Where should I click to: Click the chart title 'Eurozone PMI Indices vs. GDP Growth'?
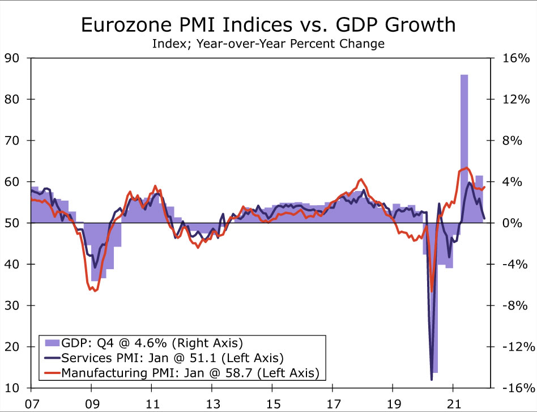click(268, 25)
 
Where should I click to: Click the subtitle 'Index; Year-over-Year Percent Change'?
click(268, 44)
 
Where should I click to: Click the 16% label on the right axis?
click(515, 58)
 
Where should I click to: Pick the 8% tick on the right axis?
click(515, 141)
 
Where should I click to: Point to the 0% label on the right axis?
click(515, 223)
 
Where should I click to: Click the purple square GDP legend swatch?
click(52, 343)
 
